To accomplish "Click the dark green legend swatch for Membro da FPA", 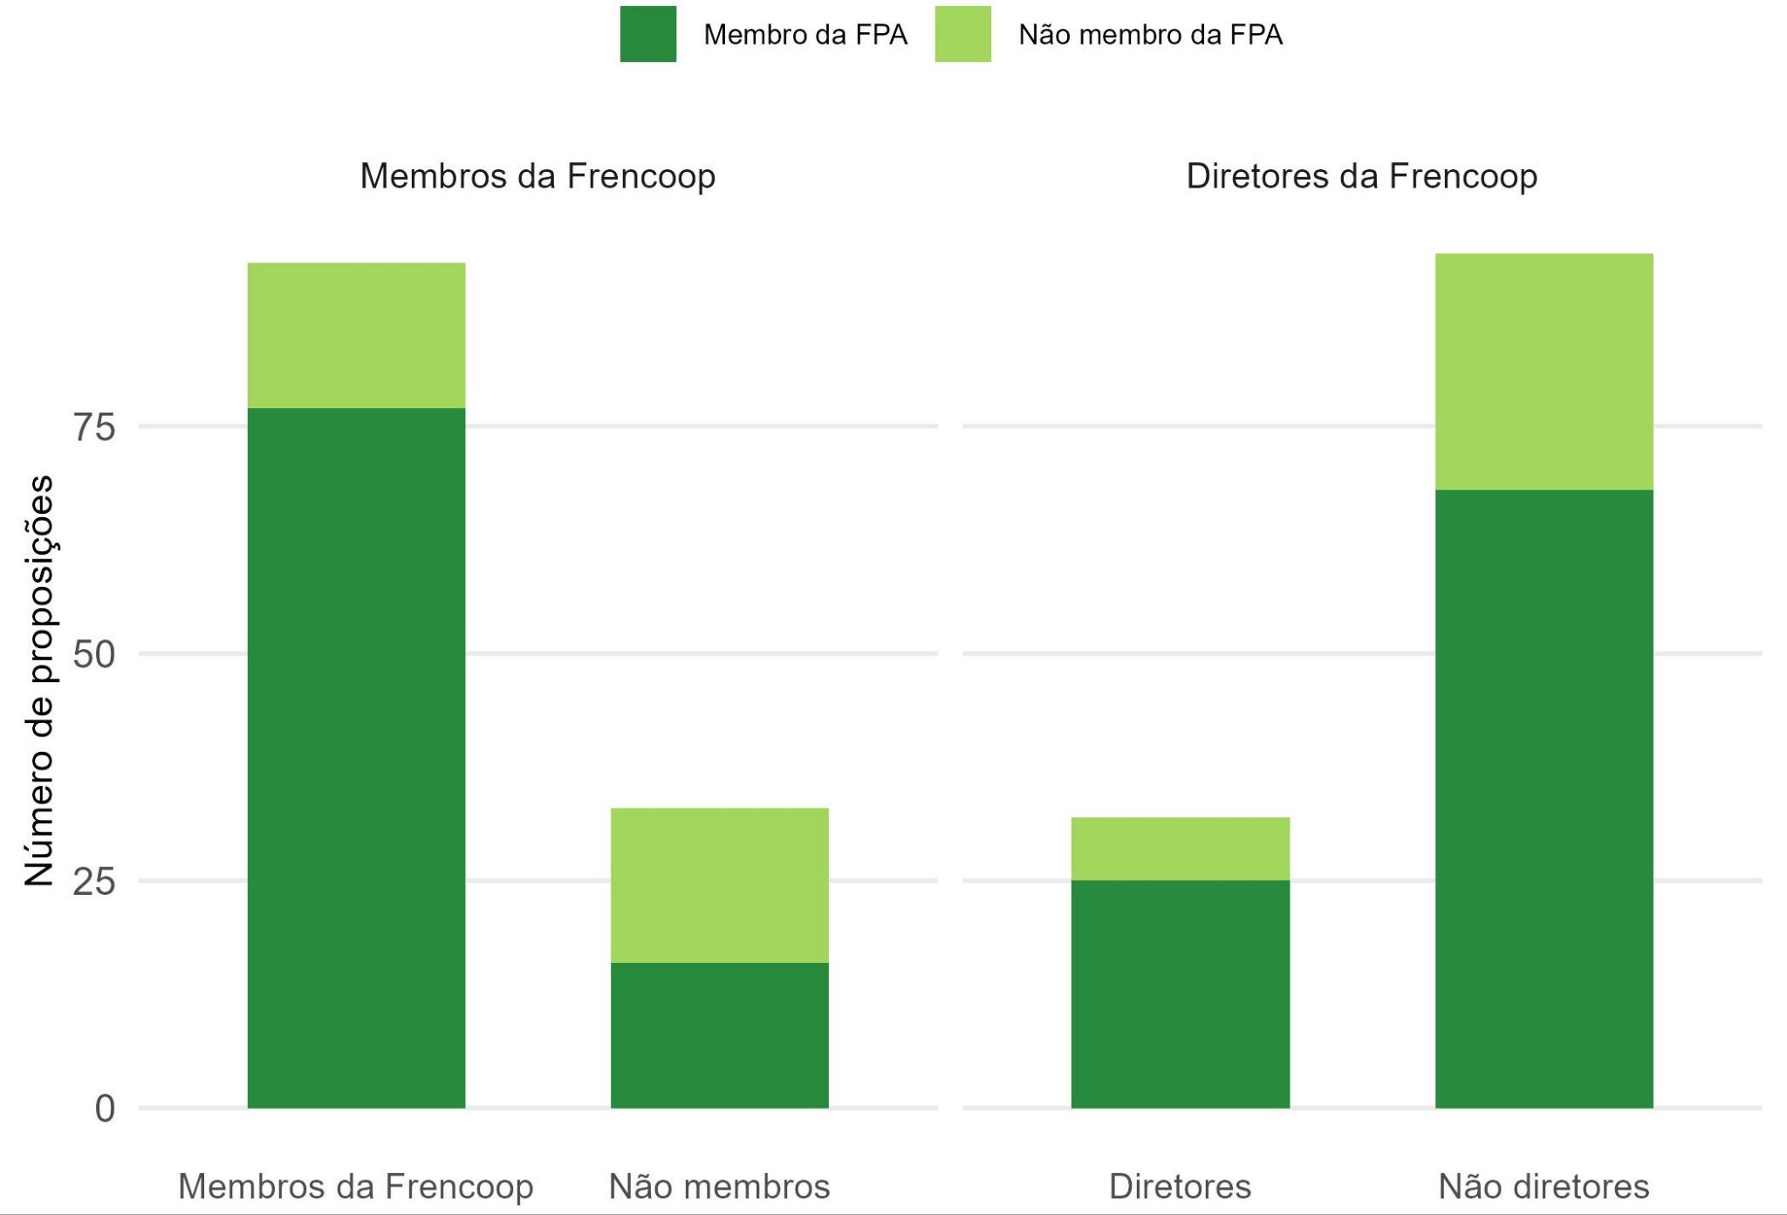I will pyautogui.click(x=647, y=34).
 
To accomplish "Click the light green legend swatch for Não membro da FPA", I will pyautogui.click(x=962, y=34).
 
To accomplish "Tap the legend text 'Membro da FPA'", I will pyautogui.click(x=804, y=35).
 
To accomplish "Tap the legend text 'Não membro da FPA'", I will pyautogui.click(x=1150, y=35).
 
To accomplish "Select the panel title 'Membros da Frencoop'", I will pyautogui.click(x=537, y=176).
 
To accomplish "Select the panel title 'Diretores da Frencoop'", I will pyautogui.click(x=1361, y=176).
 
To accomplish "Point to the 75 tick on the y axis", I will pyautogui.click(x=94, y=427).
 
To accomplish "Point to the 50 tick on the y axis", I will pyautogui.click(x=94, y=654).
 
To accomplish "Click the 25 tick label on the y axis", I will pyautogui.click(x=94, y=882).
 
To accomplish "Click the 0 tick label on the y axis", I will pyautogui.click(x=105, y=1109).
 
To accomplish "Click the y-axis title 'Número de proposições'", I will pyautogui.click(x=39, y=680).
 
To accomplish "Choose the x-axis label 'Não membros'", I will pyautogui.click(x=719, y=1186).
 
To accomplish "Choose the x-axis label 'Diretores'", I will pyautogui.click(x=1180, y=1186).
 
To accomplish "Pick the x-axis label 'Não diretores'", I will pyautogui.click(x=1544, y=1186).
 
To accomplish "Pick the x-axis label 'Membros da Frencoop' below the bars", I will pyautogui.click(x=356, y=1186).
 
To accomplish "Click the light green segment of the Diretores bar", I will pyautogui.click(x=1180, y=849).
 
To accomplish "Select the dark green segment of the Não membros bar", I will pyautogui.click(x=719, y=1035).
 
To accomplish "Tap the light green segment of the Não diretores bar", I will pyautogui.click(x=1544, y=372).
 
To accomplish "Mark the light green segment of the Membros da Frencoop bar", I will pyautogui.click(x=356, y=335).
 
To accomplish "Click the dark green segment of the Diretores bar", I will pyautogui.click(x=1180, y=994).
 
